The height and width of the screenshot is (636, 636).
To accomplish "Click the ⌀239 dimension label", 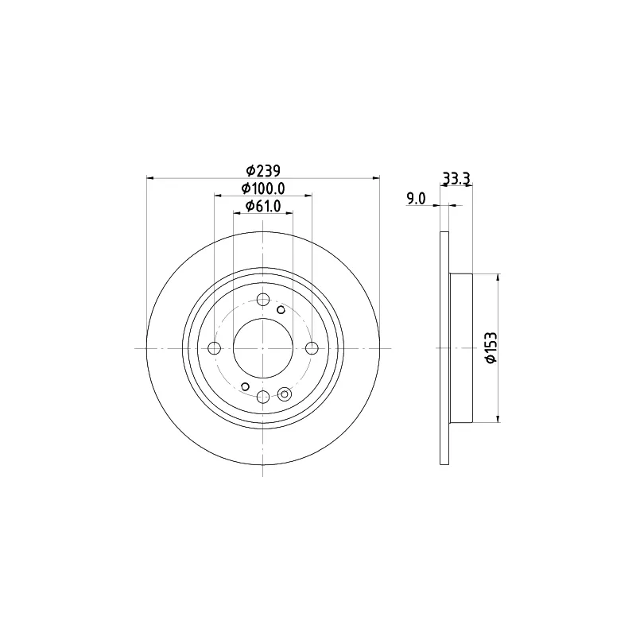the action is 263,171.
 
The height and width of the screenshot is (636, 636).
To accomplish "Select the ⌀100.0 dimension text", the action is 263,188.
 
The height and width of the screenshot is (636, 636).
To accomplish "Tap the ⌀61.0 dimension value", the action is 263,207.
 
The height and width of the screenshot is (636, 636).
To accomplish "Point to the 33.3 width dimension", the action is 456,177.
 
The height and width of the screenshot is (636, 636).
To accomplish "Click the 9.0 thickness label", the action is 416,199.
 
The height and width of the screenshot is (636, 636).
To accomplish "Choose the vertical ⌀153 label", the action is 491,347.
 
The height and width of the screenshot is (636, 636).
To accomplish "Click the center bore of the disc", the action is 263,348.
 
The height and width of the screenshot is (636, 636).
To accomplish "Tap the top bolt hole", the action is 263,300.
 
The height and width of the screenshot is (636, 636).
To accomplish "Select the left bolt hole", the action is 214,348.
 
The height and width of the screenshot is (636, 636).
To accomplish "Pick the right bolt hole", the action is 312,348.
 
